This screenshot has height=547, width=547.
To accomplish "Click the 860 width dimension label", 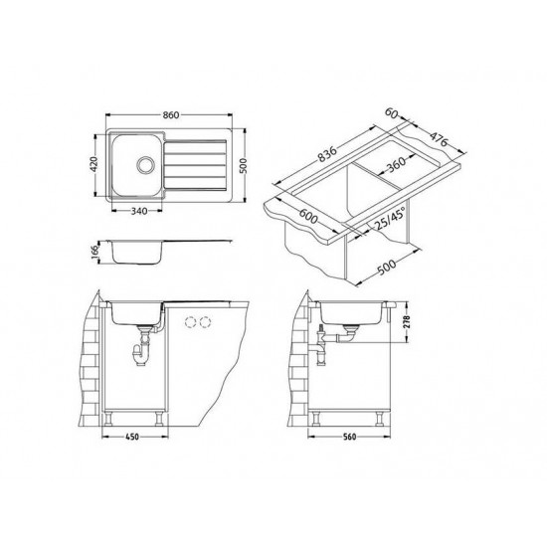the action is tap(171, 114).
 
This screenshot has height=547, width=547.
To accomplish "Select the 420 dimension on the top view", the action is tap(93, 164).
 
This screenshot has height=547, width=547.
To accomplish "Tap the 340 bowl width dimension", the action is tap(139, 211).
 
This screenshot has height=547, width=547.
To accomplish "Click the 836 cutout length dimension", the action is tap(327, 154).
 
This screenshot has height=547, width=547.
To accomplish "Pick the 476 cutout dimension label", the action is tap(438, 139).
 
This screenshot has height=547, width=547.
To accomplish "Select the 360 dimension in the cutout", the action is tap(396, 164).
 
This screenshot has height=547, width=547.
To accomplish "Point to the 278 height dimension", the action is tap(407, 322).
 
